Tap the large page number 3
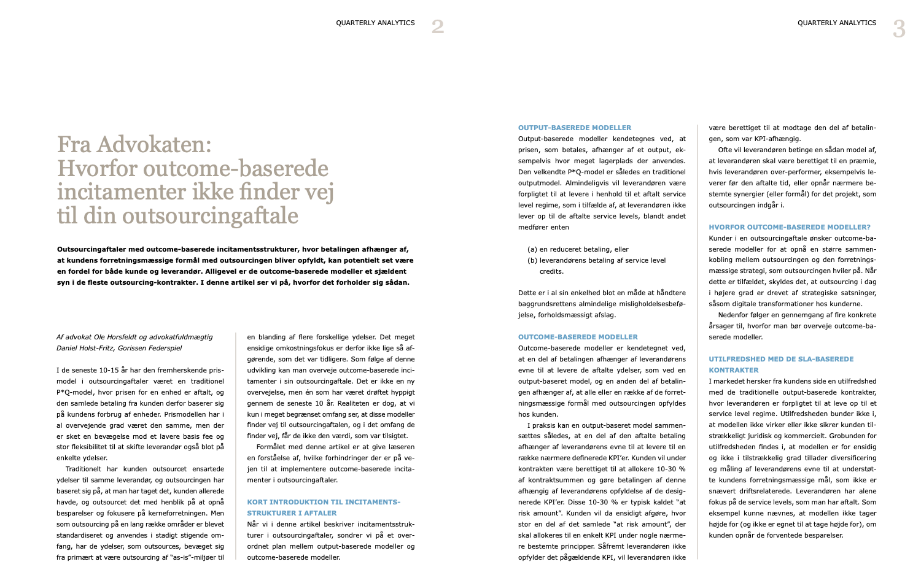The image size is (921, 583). coord(899,29)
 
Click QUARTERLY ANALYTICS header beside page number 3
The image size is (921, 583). coord(837,23)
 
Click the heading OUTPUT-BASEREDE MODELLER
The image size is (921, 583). coord(574,128)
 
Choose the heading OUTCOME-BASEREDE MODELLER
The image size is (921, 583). coord(578,337)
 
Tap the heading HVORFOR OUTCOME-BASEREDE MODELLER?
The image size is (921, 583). coord(790,227)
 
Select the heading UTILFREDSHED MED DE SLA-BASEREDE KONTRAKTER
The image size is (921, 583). coord(781,365)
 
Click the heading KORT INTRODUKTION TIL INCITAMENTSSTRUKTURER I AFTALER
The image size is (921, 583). coord(323,508)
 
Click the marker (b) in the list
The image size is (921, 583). coord(532,260)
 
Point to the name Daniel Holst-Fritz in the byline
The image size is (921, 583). coord(85,348)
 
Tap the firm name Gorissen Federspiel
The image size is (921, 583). coord(150,348)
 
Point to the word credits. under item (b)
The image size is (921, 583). coord(551,271)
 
